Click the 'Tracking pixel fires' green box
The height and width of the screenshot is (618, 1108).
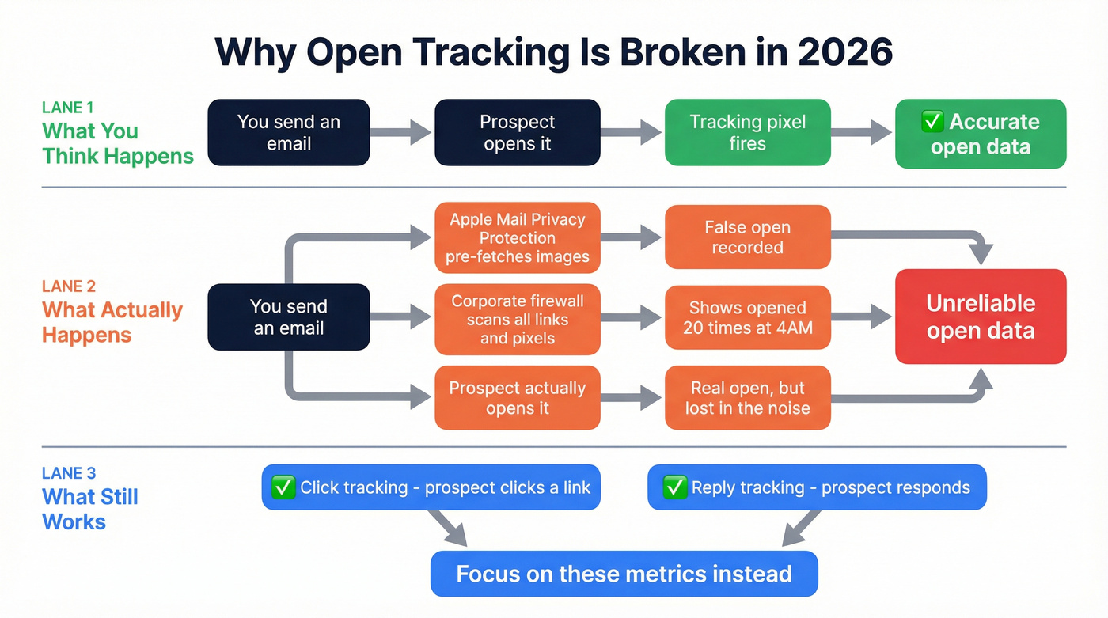tap(747, 133)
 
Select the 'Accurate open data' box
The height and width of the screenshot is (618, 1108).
tap(980, 134)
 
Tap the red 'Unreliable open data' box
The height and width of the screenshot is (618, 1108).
tap(980, 317)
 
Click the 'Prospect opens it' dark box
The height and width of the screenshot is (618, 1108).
tap(517, 133)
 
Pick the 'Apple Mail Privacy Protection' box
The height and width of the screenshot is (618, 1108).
tap(517, 237)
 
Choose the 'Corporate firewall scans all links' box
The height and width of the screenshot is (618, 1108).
tap(517, 320)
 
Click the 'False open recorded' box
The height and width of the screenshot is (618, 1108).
tap(747, 237)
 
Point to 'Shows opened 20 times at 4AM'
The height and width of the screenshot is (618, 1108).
tap(747, 317)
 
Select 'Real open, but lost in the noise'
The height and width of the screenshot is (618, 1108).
tap(747, 398)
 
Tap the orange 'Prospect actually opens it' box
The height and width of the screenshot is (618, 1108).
tap(517, 398)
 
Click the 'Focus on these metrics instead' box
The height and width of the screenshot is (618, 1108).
tap(624, 574)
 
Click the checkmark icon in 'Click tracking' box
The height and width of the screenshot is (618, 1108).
tap(283, 487)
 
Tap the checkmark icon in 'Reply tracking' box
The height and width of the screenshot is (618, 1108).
tap(674, 487)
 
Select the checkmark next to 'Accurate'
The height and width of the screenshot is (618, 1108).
tap(933, 122)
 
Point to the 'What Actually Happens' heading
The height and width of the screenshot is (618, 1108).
tap(112, 322)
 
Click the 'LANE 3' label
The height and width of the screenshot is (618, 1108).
tap(69, 473)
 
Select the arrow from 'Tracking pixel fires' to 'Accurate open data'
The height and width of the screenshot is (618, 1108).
tap(862, 133)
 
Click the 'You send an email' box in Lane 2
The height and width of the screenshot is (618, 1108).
tap(288, 317)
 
